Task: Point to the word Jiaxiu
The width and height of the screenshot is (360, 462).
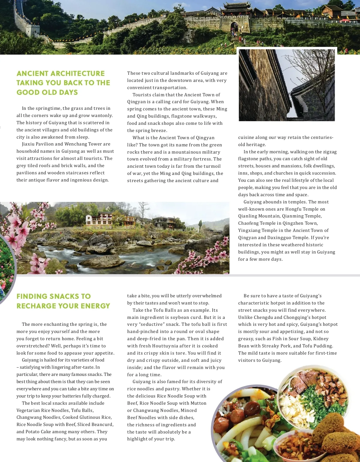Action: [28, 144]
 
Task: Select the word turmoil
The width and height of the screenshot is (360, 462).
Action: [212, 166]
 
